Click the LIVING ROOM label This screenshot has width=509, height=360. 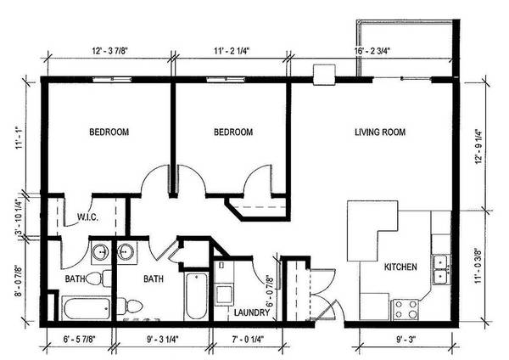click(380, 132)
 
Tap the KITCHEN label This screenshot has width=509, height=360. click(400, 267)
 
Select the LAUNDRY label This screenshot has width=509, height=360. click(252, 312)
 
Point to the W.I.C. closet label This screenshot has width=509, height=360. click(87, 217)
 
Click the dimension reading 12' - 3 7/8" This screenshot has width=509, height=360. click(110, 51)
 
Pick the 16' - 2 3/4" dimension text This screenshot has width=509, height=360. click(372, 51)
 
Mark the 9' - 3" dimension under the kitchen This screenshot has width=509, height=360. click(406, 340)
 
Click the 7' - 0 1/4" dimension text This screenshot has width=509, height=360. click(248, 340)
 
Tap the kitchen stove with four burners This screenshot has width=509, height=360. click(406, 309)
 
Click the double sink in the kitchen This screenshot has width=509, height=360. click(441, 270)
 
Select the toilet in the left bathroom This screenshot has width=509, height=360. click(99, 278)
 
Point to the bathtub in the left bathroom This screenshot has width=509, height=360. click(87, 308)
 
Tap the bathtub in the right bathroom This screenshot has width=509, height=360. click(196, 296)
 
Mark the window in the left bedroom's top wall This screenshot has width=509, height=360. click(112, 79)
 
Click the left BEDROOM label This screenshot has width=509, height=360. click(109, 132)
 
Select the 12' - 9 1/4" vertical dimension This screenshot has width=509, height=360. click(478, 147)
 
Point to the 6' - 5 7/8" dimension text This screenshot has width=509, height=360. click(79, 340)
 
